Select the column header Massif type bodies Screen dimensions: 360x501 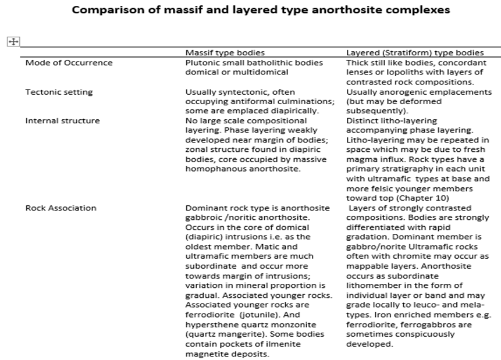(x=225, y=53)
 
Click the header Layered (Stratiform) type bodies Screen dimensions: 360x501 (x=415, y=53)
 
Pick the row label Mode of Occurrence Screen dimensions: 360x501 (x=69, y=63)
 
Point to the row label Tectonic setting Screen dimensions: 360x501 (x=59, y=92)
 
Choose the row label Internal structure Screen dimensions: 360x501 (x=62, y=121)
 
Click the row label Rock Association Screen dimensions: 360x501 (x=61, y=208)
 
